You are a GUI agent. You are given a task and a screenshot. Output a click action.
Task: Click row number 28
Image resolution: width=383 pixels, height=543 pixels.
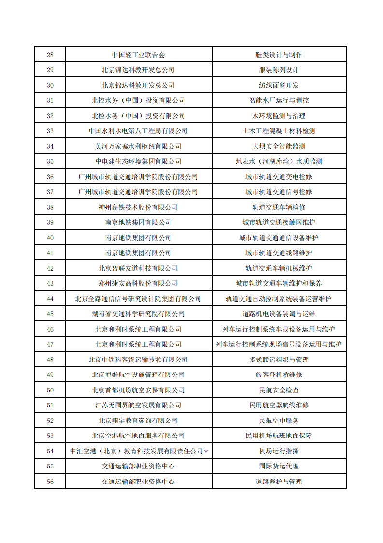(x=50, y=55)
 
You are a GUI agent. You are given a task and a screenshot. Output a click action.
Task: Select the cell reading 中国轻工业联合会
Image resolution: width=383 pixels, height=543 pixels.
(x=138, y=55)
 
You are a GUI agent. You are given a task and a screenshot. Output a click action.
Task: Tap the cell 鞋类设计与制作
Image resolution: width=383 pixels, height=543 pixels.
(x=279, y=55)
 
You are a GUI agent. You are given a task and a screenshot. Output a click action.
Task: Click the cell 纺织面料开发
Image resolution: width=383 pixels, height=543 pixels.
(x=279, y=85)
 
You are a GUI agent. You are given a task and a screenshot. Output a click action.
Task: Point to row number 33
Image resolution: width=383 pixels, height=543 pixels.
(x=50, y=131)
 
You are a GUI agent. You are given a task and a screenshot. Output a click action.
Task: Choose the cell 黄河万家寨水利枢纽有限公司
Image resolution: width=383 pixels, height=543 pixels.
(x=138, y=146)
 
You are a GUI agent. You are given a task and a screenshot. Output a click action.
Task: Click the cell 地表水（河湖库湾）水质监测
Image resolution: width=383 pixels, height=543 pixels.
(x=279, y=161)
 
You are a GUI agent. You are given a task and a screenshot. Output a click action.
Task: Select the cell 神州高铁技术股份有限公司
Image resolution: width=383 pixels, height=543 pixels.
(x=138, y=207)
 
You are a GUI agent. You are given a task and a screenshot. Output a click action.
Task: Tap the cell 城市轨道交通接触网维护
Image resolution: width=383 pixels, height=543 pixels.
(x=279, y=222)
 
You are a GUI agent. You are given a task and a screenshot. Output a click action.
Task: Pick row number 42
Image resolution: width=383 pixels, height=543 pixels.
(x=50, y=268)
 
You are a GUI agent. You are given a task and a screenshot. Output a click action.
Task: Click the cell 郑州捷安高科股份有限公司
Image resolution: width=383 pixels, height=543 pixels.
(x=138, y=283)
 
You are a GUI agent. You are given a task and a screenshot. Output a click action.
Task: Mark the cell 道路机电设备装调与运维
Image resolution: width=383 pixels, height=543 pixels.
(x=279, y=314)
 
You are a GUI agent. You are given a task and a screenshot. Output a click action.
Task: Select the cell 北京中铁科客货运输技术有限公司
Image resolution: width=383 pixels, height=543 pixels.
(x=138, y=360)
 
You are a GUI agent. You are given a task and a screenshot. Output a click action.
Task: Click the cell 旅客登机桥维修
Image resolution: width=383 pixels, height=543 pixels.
(x=279, y=375)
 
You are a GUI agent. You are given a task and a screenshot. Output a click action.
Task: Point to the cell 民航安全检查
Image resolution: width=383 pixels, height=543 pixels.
(x=279, y=390)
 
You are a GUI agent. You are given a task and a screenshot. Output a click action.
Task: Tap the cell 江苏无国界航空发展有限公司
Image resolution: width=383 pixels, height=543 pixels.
(x=138, y=405)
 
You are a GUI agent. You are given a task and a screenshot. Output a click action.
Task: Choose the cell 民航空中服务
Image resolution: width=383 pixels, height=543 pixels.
(x=279, y=421)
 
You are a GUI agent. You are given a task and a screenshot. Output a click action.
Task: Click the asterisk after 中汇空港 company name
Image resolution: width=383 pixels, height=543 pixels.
(x=206, y=452)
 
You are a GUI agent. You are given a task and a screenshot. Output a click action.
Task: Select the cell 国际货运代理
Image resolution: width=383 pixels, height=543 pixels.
(x=279, y=466)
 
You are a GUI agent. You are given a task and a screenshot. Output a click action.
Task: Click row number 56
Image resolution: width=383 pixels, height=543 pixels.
(x=50, y=482)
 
